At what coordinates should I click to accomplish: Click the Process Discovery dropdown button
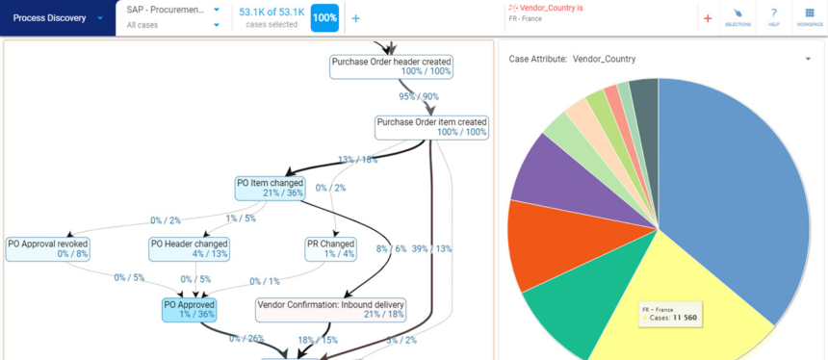coord(57,17)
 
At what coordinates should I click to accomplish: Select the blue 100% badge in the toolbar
coord(324,18)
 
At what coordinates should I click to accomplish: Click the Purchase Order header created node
coord(391,66)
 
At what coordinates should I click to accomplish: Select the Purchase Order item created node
coord(431,127)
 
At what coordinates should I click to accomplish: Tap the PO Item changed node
coord(270,188)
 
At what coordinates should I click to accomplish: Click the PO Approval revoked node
coord(47,248)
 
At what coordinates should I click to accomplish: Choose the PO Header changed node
coord(190,248)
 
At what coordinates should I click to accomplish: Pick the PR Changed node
coord(330,248)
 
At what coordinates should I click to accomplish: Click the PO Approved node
coord(190,309)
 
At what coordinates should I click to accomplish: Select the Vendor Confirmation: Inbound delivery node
coord(330,309)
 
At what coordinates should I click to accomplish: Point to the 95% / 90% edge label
coord(419,96)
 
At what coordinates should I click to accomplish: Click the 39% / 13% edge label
coord(432,248)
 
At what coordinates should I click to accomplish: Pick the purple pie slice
coord(554,173)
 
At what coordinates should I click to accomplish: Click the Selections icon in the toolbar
coord(737,17)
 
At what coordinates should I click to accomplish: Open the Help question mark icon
coord(773,17)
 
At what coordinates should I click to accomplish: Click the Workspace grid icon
coord(809,17)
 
